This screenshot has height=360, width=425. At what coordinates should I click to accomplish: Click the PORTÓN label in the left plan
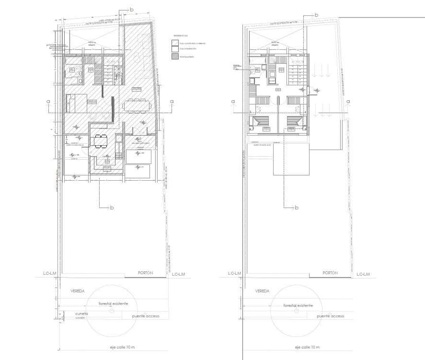click(145, 273)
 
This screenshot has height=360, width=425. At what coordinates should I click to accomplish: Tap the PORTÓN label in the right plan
click(330, 273)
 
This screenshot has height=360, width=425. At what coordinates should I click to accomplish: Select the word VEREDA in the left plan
click(78, 291)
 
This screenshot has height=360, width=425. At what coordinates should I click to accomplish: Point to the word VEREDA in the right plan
click(262, 291)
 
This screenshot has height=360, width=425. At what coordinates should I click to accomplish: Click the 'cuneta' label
click(82, 313)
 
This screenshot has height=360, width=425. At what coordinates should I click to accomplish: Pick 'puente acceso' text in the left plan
click(145, 316)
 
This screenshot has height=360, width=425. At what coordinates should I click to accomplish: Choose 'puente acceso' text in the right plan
click(330, 316)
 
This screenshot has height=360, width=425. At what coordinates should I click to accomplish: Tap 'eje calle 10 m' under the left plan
click(119, 348)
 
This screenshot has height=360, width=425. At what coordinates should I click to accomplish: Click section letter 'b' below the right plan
click(296, 207)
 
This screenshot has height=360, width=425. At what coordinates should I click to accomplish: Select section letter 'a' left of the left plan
click(48, 101)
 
